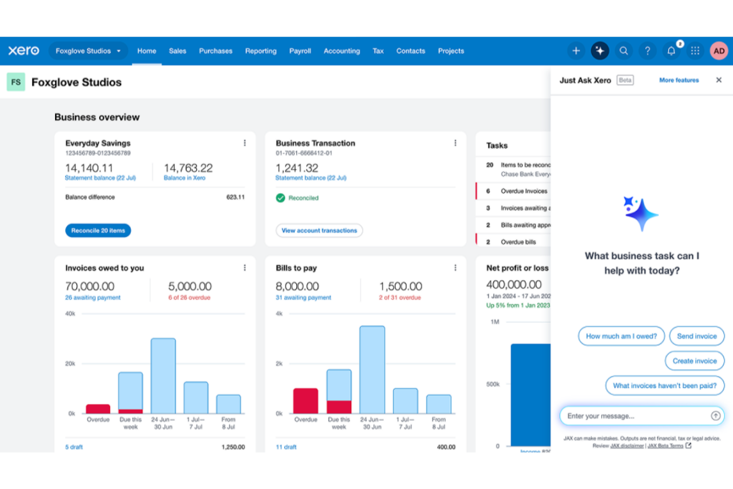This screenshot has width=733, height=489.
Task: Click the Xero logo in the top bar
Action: click(x=23, y=51)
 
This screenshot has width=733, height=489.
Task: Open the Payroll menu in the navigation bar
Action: click(x=300, y=51)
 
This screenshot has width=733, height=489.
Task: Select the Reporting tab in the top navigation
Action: click(x=261, y=51)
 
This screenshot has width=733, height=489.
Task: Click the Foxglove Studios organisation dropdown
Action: click(x=88, y=51)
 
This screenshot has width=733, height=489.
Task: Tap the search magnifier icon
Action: click(x=624, y=51)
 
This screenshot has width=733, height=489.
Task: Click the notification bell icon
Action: click(x=671, y=51)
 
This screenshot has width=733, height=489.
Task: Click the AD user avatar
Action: click(x=719, y=51)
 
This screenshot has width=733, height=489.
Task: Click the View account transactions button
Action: click(x=319, y=230)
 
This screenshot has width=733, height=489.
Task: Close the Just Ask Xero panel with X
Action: click(x=719, y=80)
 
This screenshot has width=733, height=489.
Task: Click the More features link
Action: click(x=679, y=80)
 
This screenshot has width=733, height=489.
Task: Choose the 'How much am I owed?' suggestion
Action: click(x=621, y=336)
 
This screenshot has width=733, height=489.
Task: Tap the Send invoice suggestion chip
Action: click(x=696, y=336)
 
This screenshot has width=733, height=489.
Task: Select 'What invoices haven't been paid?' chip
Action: click(x=664, y=385)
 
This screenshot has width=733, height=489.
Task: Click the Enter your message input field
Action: click(x=636, y=416)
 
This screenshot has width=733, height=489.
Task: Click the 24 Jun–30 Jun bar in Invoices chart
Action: click(x=163, y=376)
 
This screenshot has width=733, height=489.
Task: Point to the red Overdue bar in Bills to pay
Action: click(x=306, y=401)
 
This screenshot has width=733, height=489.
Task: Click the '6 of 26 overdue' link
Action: click(x=189, y=298)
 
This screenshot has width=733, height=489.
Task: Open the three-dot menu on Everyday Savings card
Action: click(x=245, y=143)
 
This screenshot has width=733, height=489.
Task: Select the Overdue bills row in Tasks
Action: click(x=518, y=242)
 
